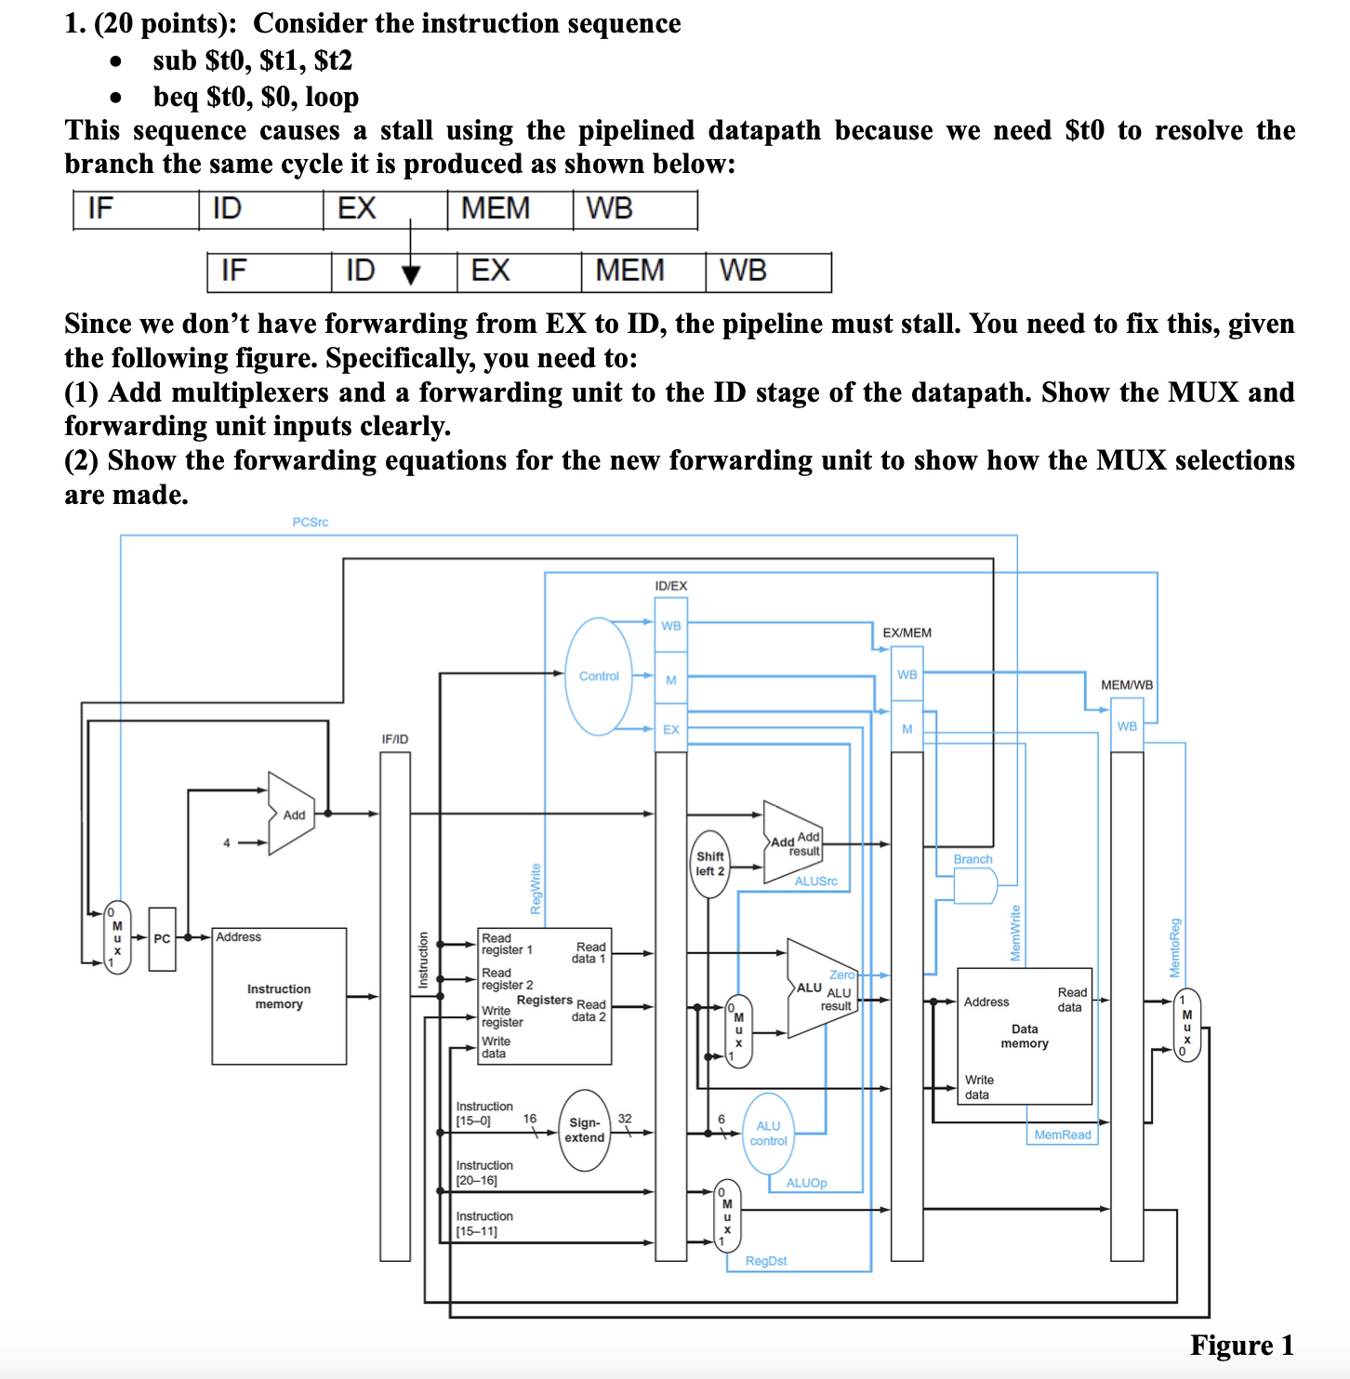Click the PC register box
point(162,939)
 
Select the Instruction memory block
point(279,996)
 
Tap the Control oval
point(599,676)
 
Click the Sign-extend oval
point(584,1130)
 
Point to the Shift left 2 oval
point(710,864)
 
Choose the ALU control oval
point(769,1134)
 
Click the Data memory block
point(1025,1036)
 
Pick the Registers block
point(544,996)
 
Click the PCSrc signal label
point(311,523)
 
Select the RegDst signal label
point(766,1261)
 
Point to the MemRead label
point(1063,1135)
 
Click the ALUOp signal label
point(806,1183)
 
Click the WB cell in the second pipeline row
point(768,272)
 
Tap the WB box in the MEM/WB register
point(1127,726)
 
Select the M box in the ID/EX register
point(670,680)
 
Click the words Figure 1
point(1241,1346)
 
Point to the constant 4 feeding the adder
point(226,843)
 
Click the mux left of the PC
point(117,937)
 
